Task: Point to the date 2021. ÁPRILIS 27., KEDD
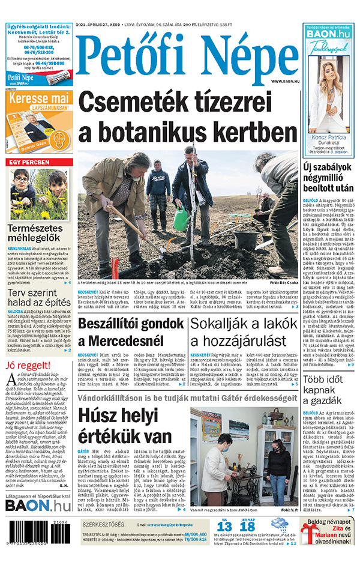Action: tap(98, 25)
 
